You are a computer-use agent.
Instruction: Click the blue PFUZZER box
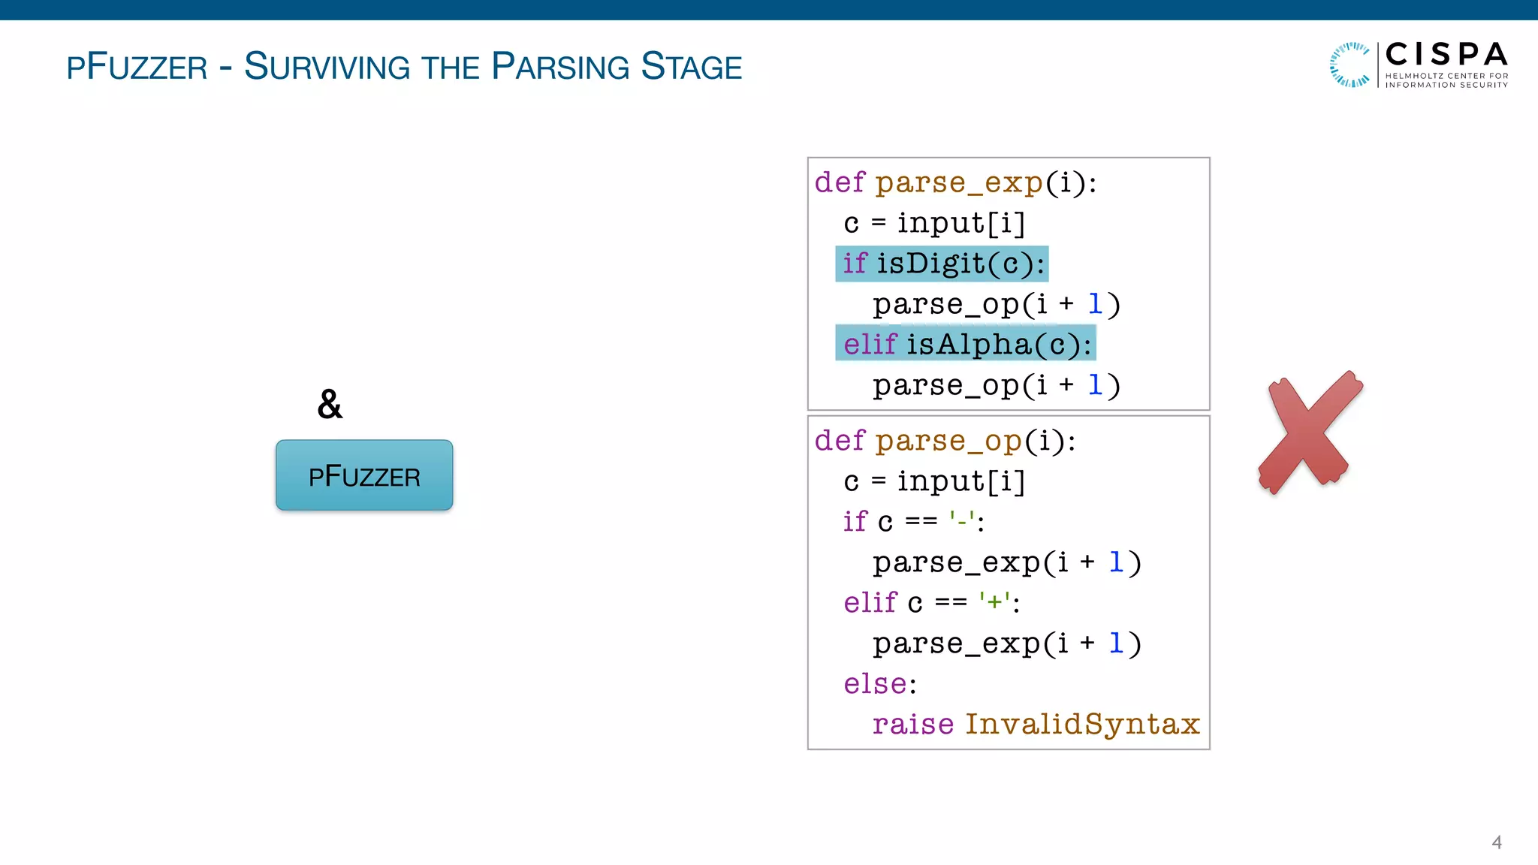(x=364, y=475)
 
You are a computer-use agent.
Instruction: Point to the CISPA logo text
(x=1446, y=55)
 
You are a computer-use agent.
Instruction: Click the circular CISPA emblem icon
(x=1350, y=65)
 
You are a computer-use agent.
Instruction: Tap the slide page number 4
(x=1496, y=842)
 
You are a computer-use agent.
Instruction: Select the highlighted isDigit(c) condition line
(x=942, y=264)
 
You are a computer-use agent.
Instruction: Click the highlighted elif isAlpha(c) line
(x=966, y=344)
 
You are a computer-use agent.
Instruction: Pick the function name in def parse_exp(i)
(x=959, y=182)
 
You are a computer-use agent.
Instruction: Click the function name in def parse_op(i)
(x=948, y=441)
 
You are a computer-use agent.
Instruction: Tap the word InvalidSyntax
(x=1082, y=724)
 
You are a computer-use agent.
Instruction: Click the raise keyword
(x=912, y=724)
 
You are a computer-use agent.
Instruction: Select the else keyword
(x=875, y=683)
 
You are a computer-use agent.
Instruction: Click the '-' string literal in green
(x=962, y=520)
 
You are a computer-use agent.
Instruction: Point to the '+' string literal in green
(x=994, y=601)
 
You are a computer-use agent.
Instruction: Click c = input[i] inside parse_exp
(x=934, y=223)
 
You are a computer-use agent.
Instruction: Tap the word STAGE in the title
(x=691, y=67)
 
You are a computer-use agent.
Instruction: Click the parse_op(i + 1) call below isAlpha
(x=996, y=385)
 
